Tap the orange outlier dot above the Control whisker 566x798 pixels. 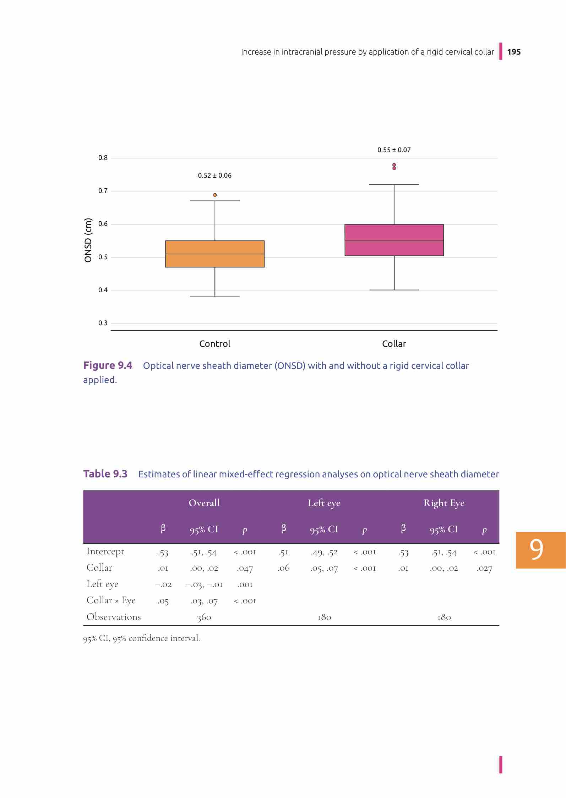click(215, 195)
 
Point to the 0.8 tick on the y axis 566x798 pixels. click(103, 158)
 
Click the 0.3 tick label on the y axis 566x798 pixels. click(103, 323)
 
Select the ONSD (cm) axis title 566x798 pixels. click(88, 240)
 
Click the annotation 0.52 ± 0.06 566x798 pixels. click(214, 176)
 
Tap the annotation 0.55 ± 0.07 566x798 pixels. click(394, 150)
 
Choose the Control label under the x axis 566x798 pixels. click(214, 344)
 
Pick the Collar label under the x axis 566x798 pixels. click(394, 344)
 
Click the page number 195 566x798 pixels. click(514, 52)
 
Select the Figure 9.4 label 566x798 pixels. click(108, 365)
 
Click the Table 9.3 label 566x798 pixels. click(105, 474)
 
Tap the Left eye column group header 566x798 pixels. click(324, 503)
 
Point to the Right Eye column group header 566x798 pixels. click(444, 503)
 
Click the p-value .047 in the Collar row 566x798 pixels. click(245, 569)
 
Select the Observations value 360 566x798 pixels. click(204, 617)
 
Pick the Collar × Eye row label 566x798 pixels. click(111, 600)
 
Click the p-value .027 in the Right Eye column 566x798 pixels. click(484, 569)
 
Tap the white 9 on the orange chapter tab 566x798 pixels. click(536, 550)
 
